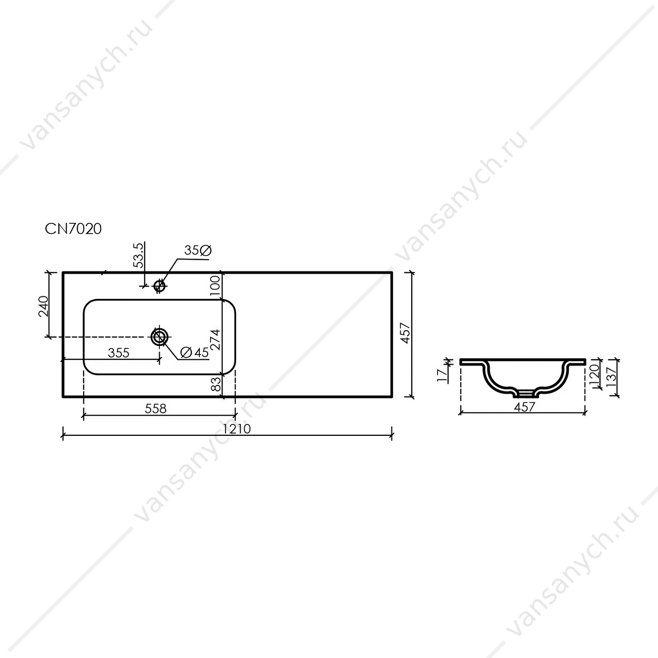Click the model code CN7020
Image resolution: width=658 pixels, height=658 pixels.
pos(73,229)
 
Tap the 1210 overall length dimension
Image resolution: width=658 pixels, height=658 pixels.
pos(236,429)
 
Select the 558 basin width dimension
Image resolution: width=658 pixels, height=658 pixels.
pos(156,408)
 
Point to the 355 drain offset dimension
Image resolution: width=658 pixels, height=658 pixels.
pos(118,353)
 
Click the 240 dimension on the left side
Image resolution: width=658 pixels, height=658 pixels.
pos(44,306)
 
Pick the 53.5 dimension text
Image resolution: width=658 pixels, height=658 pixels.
pos(139,255)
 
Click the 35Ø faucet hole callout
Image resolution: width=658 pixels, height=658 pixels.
pos(198,250)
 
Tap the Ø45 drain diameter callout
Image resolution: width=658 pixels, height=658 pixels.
pos(195,352)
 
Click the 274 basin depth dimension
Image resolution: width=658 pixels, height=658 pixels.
pos(215,340)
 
